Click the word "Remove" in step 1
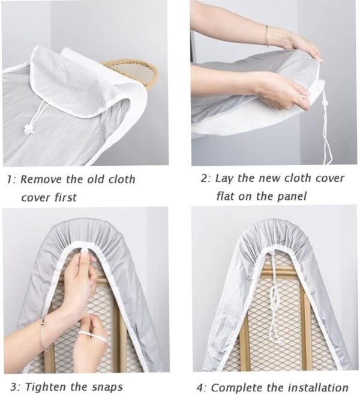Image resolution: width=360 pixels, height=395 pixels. tap(41, 179)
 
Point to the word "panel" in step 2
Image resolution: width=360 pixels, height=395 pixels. tap(292, 196)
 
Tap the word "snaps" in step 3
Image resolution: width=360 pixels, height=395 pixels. tap(107, 387)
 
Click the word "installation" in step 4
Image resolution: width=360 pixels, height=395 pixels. tap(318, 387)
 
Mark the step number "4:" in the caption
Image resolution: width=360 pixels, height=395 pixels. tap(202, 387)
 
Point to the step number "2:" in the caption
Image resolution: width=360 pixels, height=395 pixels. tap(206, 179)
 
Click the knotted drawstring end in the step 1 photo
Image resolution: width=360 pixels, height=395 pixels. tap(30, 129)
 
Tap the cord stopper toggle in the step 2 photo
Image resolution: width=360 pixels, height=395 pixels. tap(323, 103)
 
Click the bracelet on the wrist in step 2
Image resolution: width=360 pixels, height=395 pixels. tap(267, 36)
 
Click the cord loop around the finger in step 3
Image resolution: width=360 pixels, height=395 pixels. tap(93, 337)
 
